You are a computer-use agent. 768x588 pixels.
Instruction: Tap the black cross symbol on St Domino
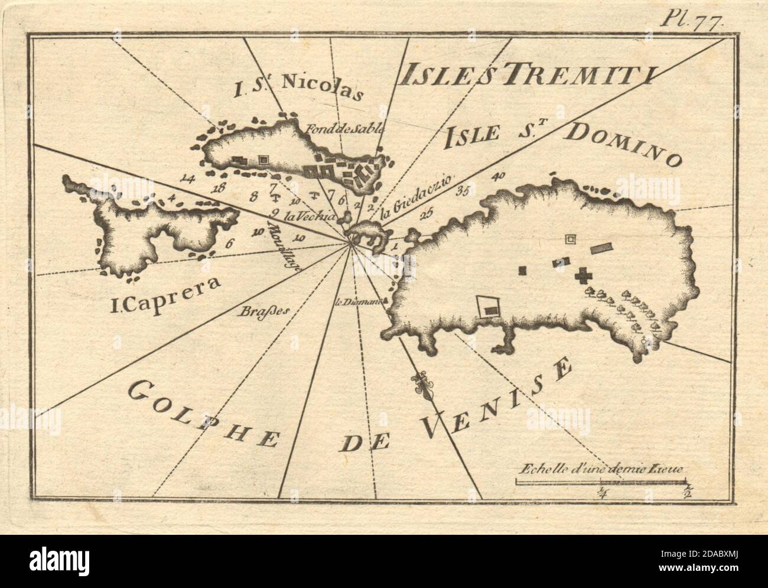[584, 276]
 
